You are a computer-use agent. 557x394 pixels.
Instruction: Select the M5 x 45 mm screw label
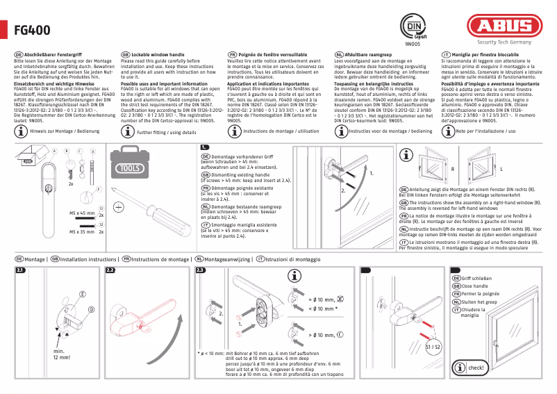point(81,213)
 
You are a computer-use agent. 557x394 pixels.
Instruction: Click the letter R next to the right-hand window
point(453,169)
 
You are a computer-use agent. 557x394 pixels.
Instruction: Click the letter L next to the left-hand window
point(501,169)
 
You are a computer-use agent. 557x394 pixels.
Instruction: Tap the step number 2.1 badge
point(21,270)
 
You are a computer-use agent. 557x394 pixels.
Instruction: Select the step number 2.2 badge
point(110,270)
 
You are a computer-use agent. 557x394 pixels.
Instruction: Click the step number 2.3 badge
point(201,270)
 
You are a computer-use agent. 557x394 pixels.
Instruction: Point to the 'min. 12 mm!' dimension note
point(63,355)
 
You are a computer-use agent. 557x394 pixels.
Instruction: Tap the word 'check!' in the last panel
point(477,367)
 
